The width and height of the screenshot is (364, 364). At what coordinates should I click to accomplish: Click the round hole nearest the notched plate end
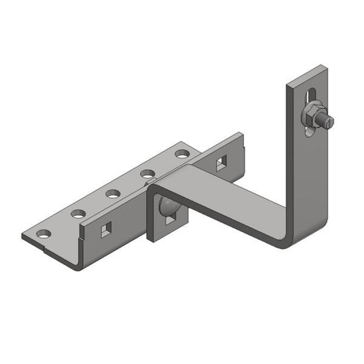tap(44, 232)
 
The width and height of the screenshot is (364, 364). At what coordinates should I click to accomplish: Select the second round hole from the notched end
tap(78, 213)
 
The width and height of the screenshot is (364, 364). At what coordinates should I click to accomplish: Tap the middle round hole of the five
tap(113, 194)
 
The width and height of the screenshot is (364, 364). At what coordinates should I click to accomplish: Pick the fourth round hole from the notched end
tap(147, 173)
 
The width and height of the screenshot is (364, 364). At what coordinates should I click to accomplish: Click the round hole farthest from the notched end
tap(181, 153)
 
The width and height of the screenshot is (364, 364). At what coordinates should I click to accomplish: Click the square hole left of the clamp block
tap(105, 229)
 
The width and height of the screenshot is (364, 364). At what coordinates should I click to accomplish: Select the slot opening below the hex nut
tap(308, 131)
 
